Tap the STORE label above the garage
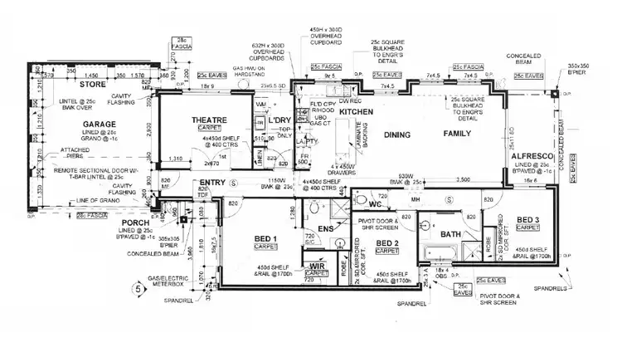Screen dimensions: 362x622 (93, 85)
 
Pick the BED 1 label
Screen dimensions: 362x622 (266, 238)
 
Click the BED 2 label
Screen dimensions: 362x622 (387, 243)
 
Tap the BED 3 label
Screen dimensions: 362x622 (528, 220)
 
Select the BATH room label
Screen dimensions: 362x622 (450, 235)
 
